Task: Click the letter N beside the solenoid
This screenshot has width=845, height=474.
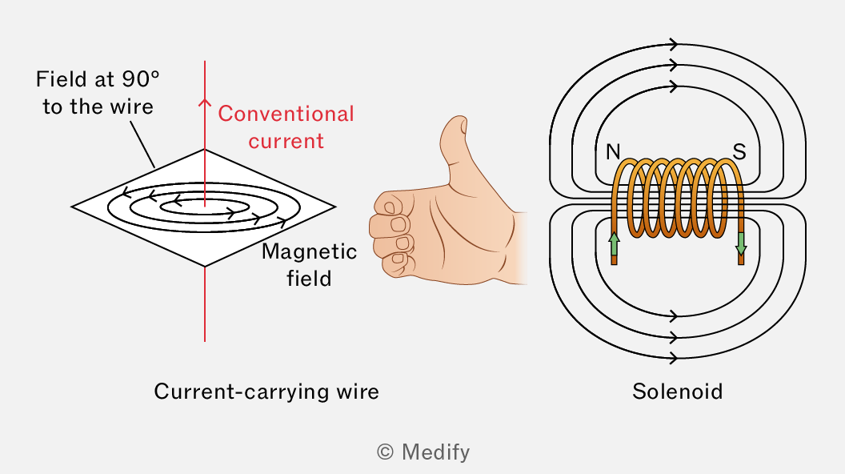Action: [613, 152]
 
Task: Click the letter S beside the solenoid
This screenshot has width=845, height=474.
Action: [739, 152]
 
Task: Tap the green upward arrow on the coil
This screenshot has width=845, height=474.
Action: [614, 243]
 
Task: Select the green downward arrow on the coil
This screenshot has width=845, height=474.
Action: [741, 243]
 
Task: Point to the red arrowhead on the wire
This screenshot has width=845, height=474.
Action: [204, 102]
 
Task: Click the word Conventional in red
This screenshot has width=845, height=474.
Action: [286, 114]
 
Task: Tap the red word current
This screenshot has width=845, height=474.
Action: [286, 141]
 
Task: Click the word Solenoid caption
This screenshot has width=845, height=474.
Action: [678, 392]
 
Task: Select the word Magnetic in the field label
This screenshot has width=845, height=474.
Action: [310, 252]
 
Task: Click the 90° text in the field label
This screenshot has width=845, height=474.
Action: [141, 79]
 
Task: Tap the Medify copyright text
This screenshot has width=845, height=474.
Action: [423, 452]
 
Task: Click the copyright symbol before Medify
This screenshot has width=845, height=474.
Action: [385, 452]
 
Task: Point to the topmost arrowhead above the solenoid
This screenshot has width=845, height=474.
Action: [673, 44]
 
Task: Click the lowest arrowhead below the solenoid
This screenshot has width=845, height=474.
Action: [673, 357]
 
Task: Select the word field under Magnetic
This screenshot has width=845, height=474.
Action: [309, 279]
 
